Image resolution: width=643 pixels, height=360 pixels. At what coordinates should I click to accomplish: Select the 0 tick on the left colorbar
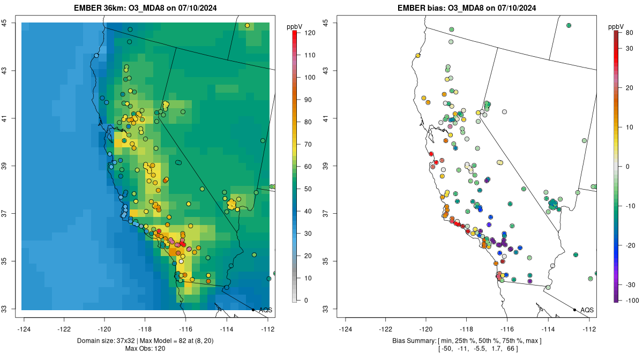tap(306, 300)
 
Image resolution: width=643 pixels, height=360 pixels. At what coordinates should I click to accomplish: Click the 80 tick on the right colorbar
tap(629, 33)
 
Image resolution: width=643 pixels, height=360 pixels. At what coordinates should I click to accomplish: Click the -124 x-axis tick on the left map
tap(25, 328)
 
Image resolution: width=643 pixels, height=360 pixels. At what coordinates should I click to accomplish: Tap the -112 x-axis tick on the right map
tap(589, 328)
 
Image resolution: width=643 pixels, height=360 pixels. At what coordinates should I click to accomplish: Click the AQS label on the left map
tap(265, 310)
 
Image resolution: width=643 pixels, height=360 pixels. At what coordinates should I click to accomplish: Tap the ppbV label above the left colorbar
tap(294, 26)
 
